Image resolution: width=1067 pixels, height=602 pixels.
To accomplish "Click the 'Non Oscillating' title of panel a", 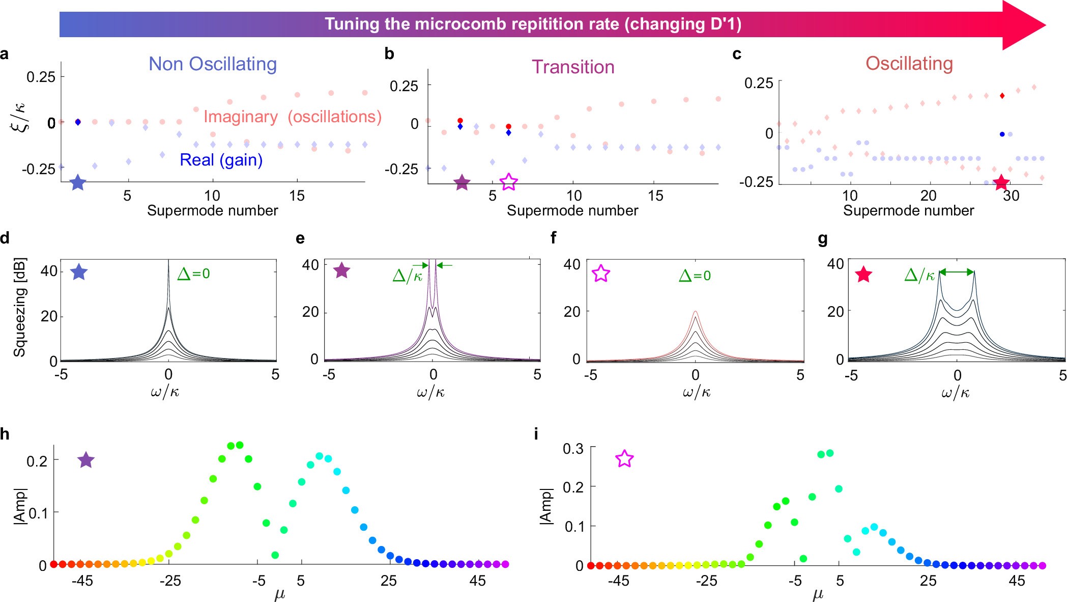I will coord(213,64).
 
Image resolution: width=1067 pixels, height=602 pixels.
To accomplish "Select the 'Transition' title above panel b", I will coord(573,67).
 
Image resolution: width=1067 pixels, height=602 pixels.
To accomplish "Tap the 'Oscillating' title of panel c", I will coord(909,64).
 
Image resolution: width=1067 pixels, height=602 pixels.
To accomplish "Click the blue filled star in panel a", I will coord(78,182).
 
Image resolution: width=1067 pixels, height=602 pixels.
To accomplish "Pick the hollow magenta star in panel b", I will coord(509,181).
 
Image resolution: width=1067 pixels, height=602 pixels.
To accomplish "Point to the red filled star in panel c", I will coord(1001,182).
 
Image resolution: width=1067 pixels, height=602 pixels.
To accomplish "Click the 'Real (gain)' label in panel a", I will coord(221,160).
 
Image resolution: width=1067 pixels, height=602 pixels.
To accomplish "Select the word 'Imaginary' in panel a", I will coord(241,117).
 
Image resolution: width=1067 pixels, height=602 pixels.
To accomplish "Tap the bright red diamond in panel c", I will coord(1002,96).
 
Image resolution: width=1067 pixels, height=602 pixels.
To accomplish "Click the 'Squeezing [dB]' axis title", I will coord(19,307).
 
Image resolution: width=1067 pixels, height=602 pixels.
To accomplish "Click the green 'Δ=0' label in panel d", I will coord(193,274).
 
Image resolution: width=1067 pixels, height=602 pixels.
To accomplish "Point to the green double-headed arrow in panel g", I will coord(956,272).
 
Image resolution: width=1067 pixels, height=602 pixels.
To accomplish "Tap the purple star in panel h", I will coord(86,460).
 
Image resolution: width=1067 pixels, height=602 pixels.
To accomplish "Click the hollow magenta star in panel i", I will coord(624,459).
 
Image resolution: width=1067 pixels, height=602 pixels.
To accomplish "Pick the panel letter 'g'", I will coord(823,239).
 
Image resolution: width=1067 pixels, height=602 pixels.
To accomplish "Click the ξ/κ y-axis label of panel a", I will coord(21,117).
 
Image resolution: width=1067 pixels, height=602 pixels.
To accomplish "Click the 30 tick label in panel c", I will coord(1011,196).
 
